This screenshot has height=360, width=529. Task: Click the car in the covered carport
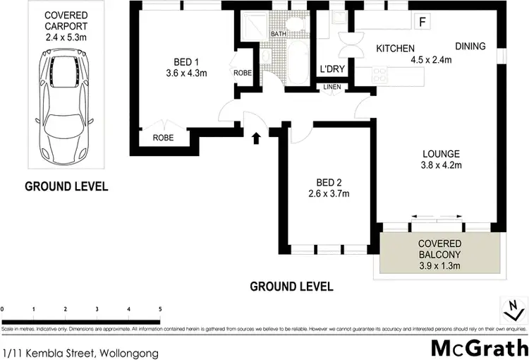(x=64, y=108)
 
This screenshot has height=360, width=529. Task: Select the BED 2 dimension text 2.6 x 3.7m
(x=329, y=193)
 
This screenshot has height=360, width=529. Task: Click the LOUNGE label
(x=441, y=154)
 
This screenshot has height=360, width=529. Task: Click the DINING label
(x=470, y=47)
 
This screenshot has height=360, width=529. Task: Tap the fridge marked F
(x=422, y=22)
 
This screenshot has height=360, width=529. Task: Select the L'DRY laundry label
(x=331, y=69)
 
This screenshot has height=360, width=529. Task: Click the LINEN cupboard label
(x=332, y=87)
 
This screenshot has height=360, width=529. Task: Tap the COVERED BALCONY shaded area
(x=441, y=254)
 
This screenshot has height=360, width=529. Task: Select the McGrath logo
(x=479, y=348)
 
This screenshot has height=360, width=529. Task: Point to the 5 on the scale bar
(x=160, y=309)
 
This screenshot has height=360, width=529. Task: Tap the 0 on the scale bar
(x=3, y=309)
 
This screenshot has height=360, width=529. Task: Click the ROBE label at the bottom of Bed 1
(x=164, y=138)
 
